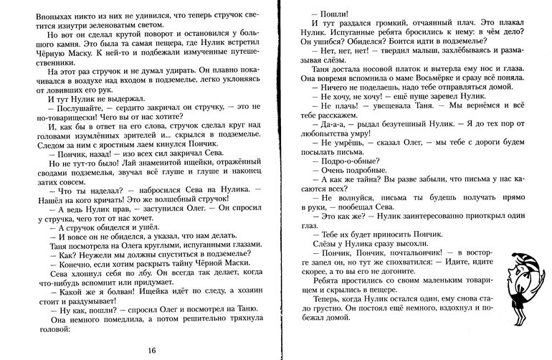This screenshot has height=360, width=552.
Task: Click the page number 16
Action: click(x=151, y=349)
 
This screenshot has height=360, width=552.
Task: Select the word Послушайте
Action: click(x=68, y=110)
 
